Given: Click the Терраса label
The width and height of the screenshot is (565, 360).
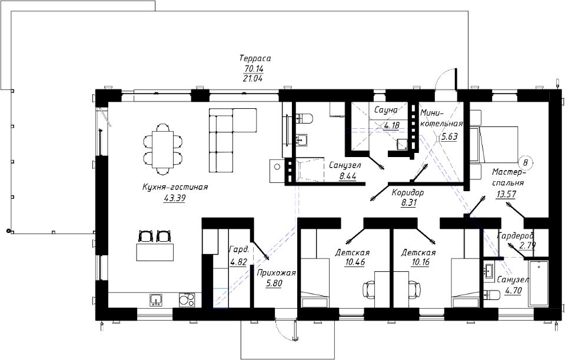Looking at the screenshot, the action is [x=255, y=58].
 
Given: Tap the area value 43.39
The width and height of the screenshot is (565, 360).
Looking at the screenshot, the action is [x=174, y=198].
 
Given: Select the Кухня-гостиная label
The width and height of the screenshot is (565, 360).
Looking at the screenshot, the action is [x=175, y=187].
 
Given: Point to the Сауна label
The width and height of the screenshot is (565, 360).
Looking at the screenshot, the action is [x=385, y=110].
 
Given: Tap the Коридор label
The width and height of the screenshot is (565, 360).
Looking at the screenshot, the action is [x=408, y=192].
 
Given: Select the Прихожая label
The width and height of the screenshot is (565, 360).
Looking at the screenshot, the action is [x=276, y=273].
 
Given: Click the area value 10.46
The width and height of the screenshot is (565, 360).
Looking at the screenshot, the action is [x=355, y=262].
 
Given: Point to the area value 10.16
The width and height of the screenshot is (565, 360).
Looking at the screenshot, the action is [x=420, y=262].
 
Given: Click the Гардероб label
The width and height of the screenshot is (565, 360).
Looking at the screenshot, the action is [x=516, y=236].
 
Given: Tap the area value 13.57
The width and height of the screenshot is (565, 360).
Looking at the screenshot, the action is [x=506, y=194].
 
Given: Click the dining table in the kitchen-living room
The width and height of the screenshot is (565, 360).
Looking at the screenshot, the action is [x=163, y=149].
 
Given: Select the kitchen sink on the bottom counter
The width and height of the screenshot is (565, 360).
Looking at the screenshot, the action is [x=155, y=300].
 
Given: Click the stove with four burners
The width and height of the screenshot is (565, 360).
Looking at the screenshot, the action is [x=187, y=300].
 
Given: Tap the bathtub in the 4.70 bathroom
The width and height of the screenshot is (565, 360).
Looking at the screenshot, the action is [x=539, y=284].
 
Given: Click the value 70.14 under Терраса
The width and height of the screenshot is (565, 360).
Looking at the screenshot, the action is [x=254, y=68].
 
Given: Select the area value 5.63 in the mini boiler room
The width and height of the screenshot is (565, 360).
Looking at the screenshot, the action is [x=449, y=137].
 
